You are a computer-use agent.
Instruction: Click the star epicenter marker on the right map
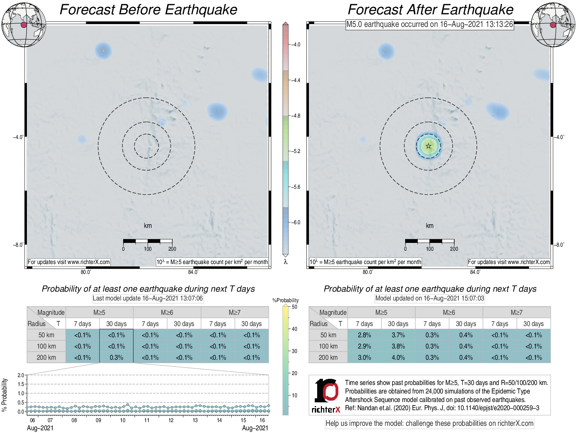(x=428, y=146)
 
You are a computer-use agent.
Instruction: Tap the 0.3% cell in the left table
(x=116, y=357)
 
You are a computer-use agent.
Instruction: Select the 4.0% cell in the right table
(x=398, y=357)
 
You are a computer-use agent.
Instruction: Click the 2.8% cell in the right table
(x=364, y=335)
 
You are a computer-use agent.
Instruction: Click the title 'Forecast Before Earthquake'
(x=148, y=10)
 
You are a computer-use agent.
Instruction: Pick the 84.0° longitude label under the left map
(x=193, y=272)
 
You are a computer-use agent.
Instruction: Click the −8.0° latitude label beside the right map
(x=559, y=245)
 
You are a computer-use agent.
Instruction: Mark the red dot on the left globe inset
(x=24, y=25)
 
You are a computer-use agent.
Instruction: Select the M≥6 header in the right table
(x=449, y=312)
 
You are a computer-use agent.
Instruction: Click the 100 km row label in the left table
(x=46, y=346)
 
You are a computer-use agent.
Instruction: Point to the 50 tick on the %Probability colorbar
(x=294, y=307)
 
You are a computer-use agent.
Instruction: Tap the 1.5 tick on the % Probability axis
(x=21, y=384)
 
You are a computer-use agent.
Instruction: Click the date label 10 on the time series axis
(x=122, y=420)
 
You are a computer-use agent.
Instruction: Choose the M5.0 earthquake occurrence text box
(x=430, y=25)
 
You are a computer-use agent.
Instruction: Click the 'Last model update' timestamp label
(x=148, y=298)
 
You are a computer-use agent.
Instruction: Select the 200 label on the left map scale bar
(x=172, y=249)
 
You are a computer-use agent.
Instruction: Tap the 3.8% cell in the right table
(x=398, y=346)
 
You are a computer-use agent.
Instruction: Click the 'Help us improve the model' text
(x=429, y=423)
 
